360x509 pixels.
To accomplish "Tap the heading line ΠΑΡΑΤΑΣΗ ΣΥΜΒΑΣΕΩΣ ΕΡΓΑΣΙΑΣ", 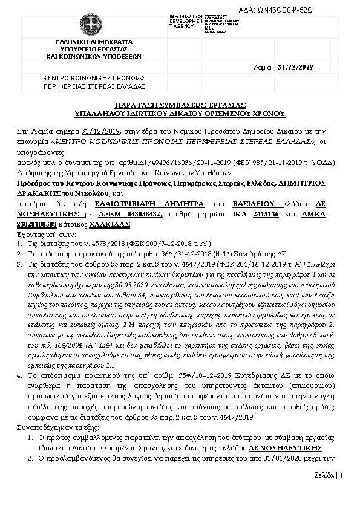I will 180,105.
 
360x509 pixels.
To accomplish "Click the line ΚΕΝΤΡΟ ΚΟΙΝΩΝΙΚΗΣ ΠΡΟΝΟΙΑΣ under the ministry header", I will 94,78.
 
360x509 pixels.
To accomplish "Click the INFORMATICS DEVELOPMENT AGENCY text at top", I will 187,21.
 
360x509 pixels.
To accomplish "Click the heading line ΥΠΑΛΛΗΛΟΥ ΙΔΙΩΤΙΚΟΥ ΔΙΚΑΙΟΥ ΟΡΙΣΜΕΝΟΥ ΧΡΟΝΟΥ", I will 180,113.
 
